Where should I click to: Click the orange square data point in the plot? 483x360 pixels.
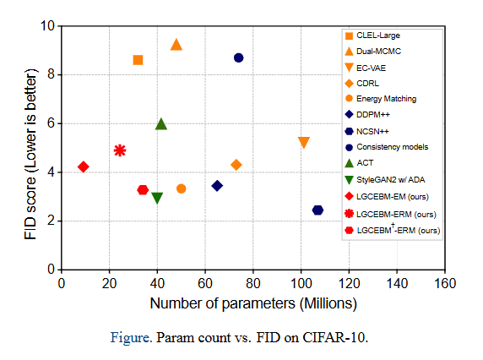pyautogui.click(x=138, y=60)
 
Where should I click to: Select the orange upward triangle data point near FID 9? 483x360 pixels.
pyautogui.click(x=176, y=45)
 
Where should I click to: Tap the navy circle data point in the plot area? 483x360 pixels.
pyautogui.click(x=238, y=57)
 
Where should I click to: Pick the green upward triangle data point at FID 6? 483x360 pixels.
pyautogui.click(x=161, y=124)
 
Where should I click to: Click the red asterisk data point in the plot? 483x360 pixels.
pyautogui.click(x=120, y=150)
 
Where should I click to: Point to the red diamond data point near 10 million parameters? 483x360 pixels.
pyautogui.click(x=84, y=166)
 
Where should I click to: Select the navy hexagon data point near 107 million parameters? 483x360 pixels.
pyautogui.click(x=317, y=210)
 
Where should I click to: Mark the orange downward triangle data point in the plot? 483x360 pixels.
pyautogui.click(x=304, y=143)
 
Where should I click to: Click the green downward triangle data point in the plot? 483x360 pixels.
pyautogui.click(x=157, y=198)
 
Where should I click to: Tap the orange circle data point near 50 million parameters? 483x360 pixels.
pyautogui.click(x=181, y=188)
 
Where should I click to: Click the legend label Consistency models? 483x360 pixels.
pyautogui.click(x=392, y=147)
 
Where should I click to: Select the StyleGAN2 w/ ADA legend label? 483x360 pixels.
pyautogui.click(x=391, y=180)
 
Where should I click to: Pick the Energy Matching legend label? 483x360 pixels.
pyautogui.click(x=386, y=99)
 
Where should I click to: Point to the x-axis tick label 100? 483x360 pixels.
pyautogui.click(x=301, y=283)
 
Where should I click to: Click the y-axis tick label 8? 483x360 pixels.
pyautogui.click(x=51, y=74)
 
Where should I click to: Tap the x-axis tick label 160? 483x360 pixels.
pyautogui.click(x=445, y=283)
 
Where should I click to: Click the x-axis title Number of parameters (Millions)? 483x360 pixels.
pyautogui.click(x=253, y=303)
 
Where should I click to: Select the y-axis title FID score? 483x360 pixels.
pyautogui.click(x=30, y=208)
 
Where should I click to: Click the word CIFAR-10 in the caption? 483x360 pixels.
pyautogui.click(x=335, y=337)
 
